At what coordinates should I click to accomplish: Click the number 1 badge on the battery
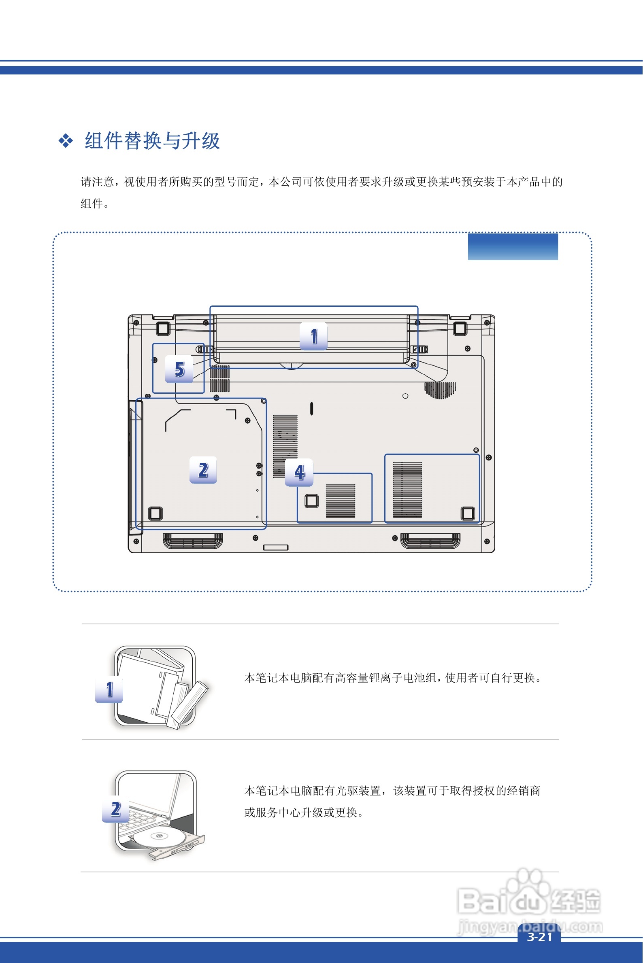pyautogui.click(x=313, y=336)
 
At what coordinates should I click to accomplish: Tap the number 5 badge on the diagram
pyautogui.click(x=179, y=369)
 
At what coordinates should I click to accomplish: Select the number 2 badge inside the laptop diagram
pyautogui.click(x=203, y=470)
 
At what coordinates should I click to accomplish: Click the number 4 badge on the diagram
pyautogui.click(x=299, y=473)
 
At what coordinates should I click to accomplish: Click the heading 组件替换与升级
pyautogui.click(x=152, y=141)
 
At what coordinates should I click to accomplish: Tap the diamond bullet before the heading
pyautogui.click(x=66, y=141)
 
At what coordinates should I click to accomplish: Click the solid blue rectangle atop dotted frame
pyautogui.click(x=513, y=247)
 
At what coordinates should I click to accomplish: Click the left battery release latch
pyautogui.click(x=204, y=349)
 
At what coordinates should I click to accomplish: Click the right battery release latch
pyautogui.click(x=420, y=349)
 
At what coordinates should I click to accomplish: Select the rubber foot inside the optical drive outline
pyautogui.click(x=155, y=513)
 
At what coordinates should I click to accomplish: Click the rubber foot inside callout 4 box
pyautogui.click(x=312, y=501)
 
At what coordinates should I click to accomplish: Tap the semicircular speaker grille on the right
pyautogui.click(x=440, y=389)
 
